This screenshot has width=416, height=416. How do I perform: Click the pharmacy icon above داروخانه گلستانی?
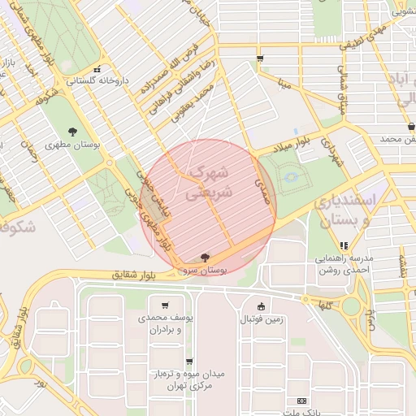click(x=97, y=69)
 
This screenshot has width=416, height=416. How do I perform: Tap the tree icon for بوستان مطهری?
click(x=74, y=131)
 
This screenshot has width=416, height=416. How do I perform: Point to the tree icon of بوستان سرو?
click(x=203, y=256)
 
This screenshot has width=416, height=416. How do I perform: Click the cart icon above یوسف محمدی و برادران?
click(x=166, y=305)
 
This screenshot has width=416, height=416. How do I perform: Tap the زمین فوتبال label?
click(x=261, y=319)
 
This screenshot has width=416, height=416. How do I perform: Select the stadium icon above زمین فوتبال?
click(x=261, y=306)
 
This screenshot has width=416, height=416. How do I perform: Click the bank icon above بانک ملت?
click(x=302, y=401)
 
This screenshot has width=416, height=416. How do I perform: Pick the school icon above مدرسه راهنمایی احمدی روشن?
click(x=344, y=245)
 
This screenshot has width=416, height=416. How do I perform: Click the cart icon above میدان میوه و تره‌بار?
click(x=189, y=362)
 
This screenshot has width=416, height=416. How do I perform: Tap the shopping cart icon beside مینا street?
click(x=260, y=58)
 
